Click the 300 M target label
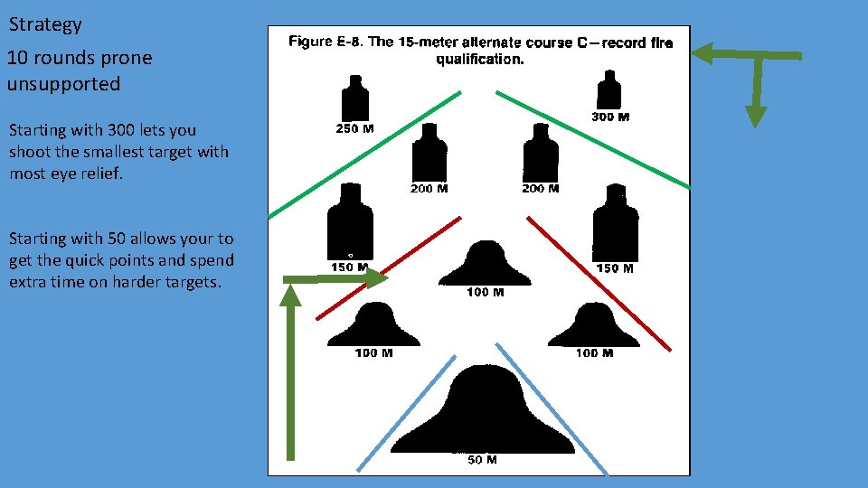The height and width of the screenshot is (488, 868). (610, 117)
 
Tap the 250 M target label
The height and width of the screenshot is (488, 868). (354, 128)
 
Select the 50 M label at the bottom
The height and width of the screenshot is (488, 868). (482, 460)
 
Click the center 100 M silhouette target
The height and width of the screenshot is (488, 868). (486, 264)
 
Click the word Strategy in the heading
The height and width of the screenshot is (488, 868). (45, 24)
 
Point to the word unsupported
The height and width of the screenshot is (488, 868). (63, 84)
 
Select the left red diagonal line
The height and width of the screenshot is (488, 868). (389, 267)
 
